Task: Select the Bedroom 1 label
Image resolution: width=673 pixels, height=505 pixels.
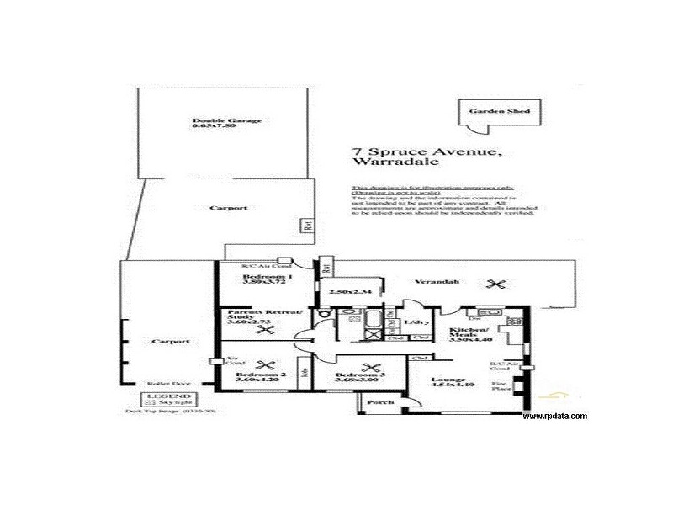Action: [x=268, y=277]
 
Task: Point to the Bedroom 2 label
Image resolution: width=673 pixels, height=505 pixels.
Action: [x=257, y=375]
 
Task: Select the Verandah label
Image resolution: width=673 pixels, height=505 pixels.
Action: [x=432, y=282]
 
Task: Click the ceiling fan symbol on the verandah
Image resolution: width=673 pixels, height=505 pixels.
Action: [x=501, y=284]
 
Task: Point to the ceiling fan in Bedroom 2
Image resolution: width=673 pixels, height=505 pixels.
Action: [x=266, y=364]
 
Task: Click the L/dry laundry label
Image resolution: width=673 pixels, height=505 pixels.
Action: [x=413, y=322]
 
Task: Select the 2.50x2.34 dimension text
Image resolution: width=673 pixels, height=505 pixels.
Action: [x=343, y=291]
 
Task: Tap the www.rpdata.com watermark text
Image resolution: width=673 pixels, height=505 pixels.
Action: [x=555, y=417]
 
